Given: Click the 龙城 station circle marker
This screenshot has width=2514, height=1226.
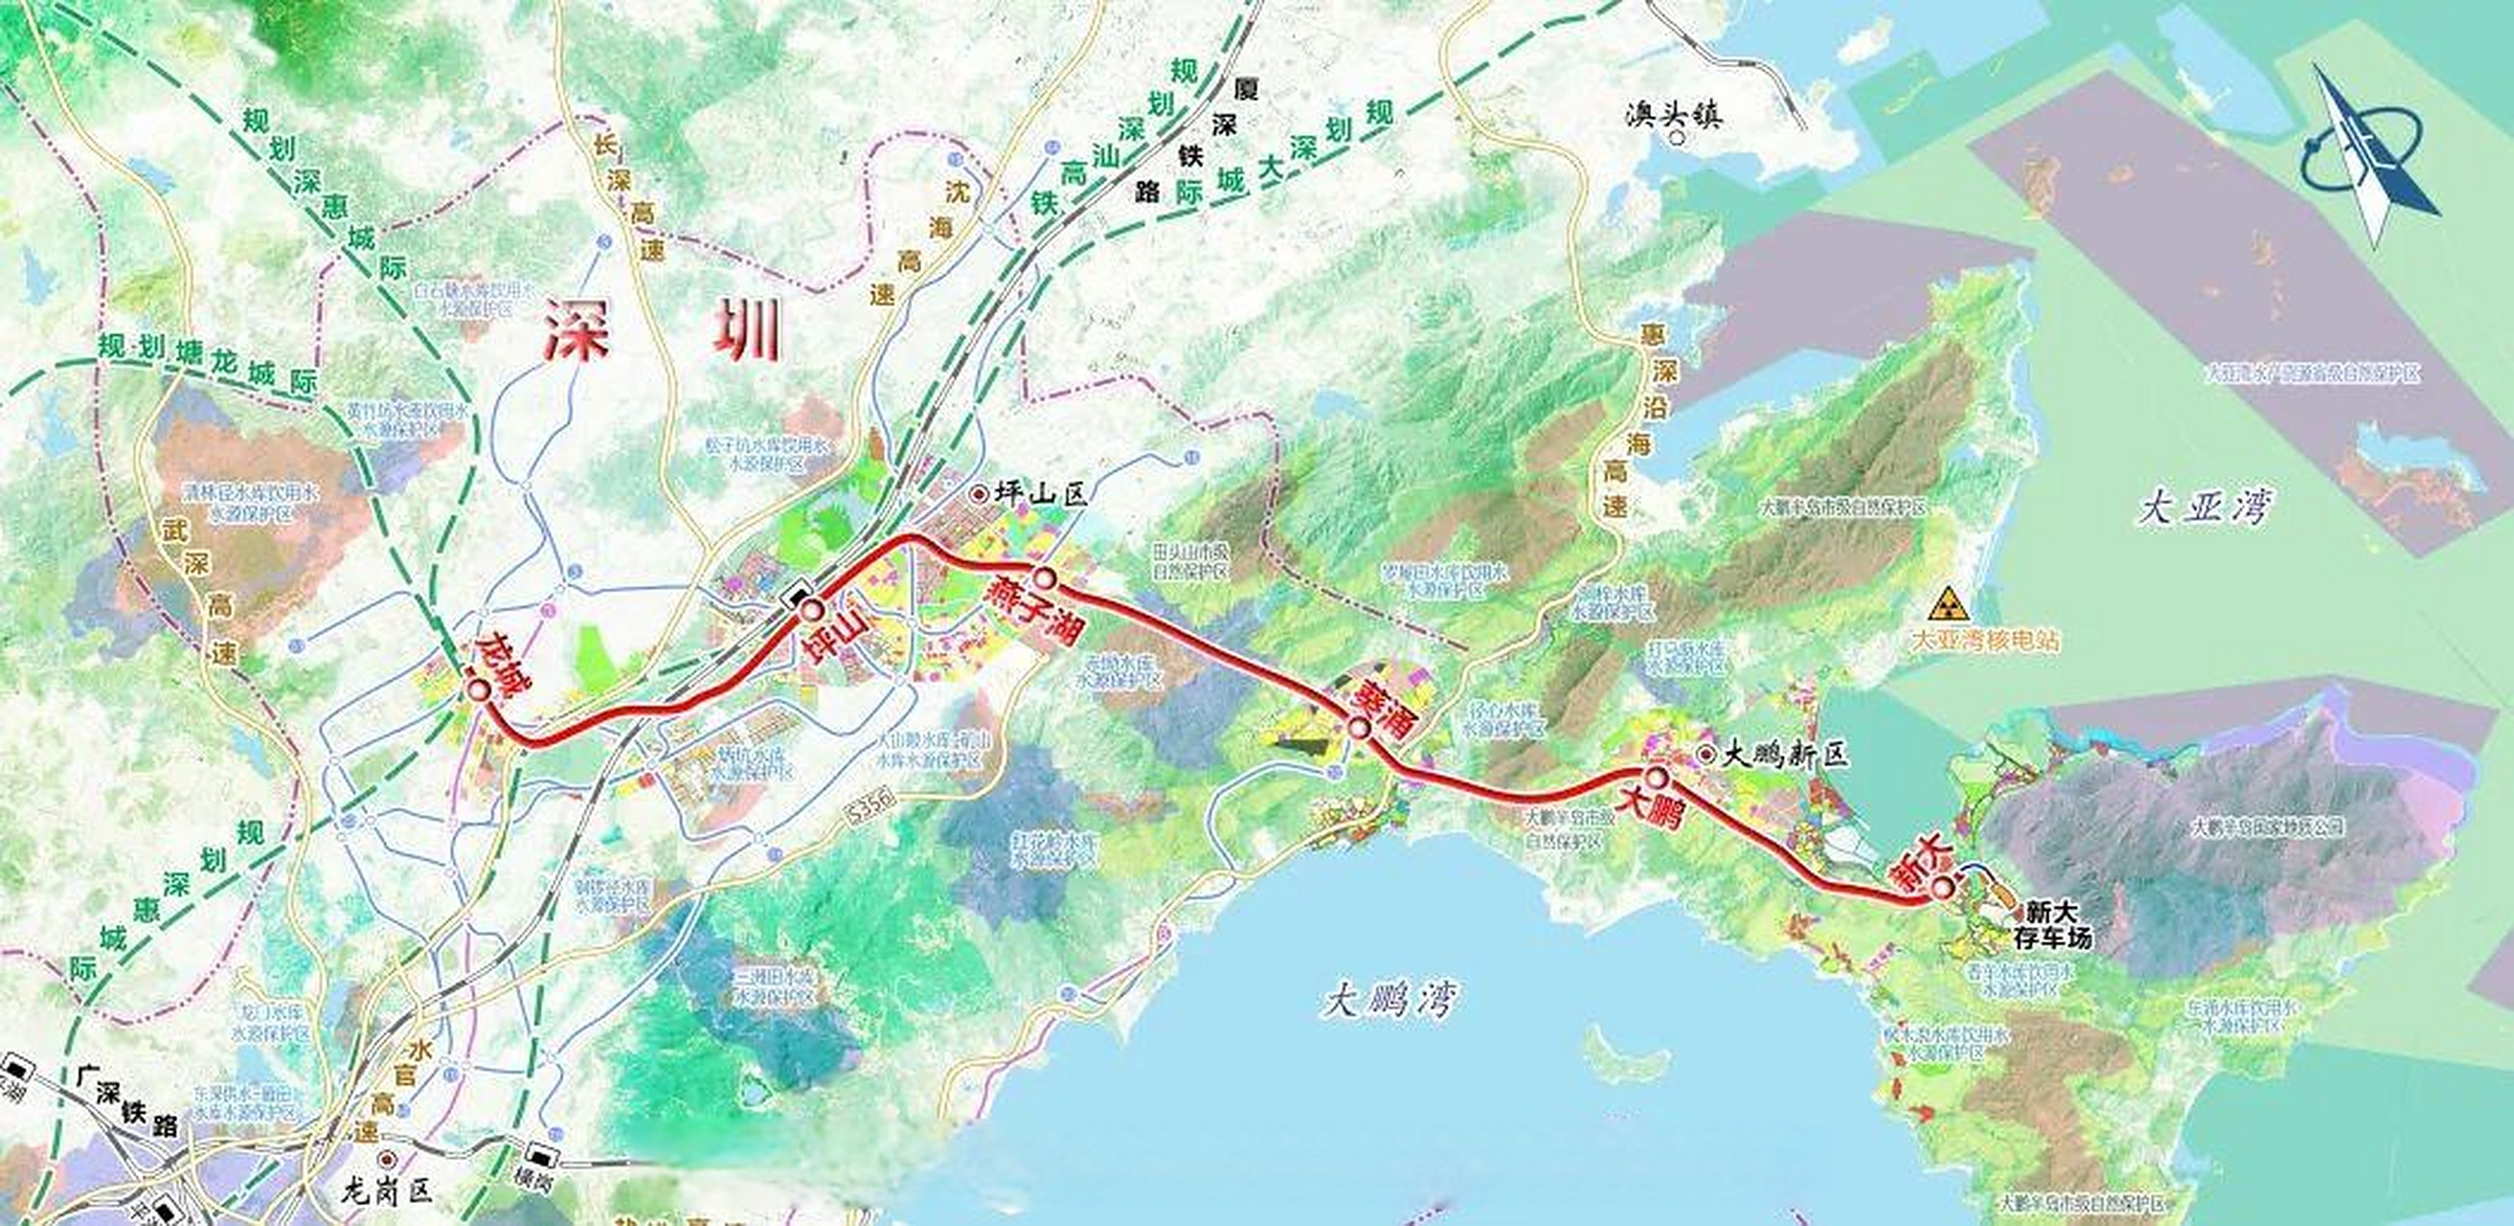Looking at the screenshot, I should coord(478,689).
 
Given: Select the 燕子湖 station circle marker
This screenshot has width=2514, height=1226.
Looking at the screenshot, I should coord(1045,578).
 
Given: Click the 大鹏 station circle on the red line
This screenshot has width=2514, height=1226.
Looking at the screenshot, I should coord(1656,777).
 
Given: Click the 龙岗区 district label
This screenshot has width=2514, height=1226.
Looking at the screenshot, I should coord(387,1192).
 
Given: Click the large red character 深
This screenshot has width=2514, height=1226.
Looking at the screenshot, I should coord(576,329).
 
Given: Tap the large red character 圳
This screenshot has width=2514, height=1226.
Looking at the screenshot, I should coord(747,329).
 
